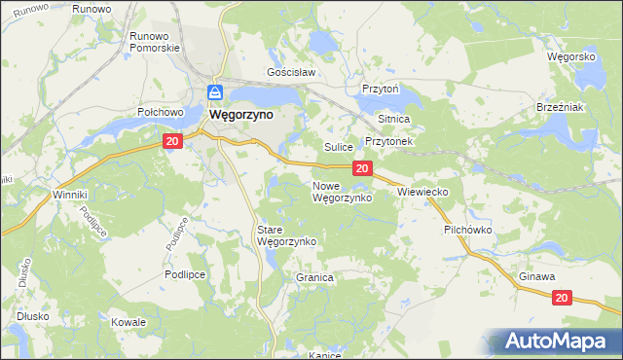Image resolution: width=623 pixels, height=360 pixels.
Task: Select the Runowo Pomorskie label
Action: pyautogui.click(x=150, y=42)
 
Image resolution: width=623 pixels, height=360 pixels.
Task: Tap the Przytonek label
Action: pyautogui.click(x=389, y=141)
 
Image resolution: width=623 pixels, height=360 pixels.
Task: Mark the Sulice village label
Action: pyautogui.click(x=338, y=147)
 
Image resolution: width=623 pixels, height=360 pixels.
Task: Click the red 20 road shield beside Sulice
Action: pyautogui.click(x=362, y=169)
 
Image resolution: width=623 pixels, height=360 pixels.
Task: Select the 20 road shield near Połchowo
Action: pyautogui.click(x=171, y=142)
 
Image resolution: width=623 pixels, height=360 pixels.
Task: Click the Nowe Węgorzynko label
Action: pyautogui.click(x=341, y=192)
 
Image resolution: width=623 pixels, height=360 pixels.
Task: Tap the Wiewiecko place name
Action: pyautogui.click(x=422, y=193)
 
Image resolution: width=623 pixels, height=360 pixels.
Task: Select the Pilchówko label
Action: pyautogui.click(x=469, y=231)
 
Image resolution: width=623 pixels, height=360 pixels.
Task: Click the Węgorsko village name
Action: pyautogui.click(x=570, y=56)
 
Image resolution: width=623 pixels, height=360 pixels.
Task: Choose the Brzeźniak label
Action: pyautogui.click(x=560, y=107)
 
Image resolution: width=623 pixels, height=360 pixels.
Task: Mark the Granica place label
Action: pyautogui.click(x=314, y=277)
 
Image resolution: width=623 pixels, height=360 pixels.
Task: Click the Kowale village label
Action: pyautogui.click(x=128, y=322)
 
